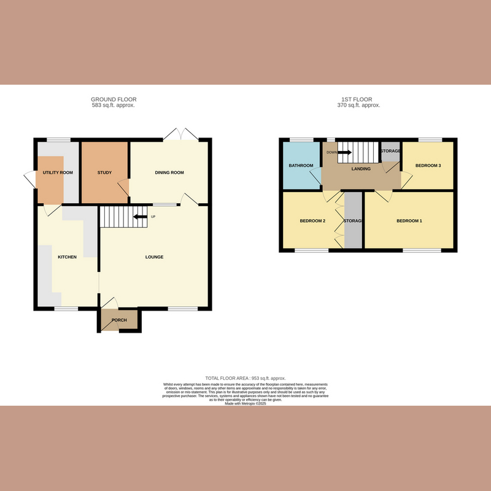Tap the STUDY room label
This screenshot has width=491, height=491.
tap(104, 172)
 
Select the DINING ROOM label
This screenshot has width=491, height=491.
tap(169, 172)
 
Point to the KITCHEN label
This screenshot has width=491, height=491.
tap(67, 257)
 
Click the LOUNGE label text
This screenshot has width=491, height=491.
tap(154, 257)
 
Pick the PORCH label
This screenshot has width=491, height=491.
tap(119, 320)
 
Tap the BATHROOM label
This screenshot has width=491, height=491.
tap(301, 166)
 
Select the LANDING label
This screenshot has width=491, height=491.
tap(361, 169)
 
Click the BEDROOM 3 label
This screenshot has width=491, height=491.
tap(428, 166)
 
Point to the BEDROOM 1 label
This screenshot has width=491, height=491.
tap(409, 221)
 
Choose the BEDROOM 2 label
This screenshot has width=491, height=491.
tap(312, 221)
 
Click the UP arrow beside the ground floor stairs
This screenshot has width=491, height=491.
tap(141, 216)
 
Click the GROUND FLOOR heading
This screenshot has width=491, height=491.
tap(114, 99)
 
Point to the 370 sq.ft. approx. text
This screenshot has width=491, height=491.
tap(358, 106)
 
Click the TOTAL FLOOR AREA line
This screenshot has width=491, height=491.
tap(245, 378)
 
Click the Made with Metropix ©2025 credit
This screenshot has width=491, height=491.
tap(245, 403)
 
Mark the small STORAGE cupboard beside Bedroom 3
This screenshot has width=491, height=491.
tap(390, 152)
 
